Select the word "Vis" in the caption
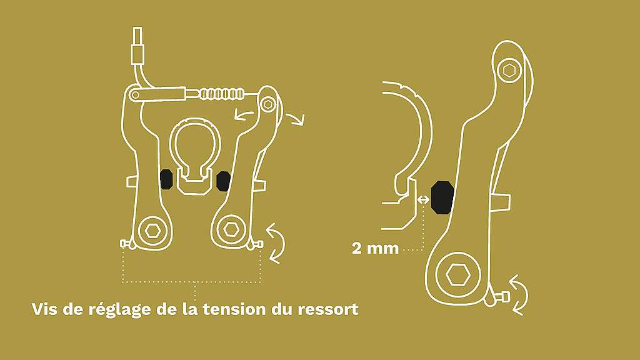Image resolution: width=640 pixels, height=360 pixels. tap(45, 309)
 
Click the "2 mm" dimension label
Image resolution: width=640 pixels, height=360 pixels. tap(375, 248)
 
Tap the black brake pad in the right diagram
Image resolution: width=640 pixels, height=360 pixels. tap(442, 197)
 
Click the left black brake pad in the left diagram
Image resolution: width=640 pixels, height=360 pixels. tap(166, 179)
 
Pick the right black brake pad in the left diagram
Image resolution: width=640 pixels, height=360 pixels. tap(223, 181)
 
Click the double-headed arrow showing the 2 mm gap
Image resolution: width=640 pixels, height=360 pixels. tap(424, 199)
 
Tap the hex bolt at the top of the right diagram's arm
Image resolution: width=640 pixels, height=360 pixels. tap(509, 71)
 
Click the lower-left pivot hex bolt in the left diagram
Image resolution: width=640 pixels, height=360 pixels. tap(152, 231)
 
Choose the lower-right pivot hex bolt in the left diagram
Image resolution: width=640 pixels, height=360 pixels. tap(231, 229)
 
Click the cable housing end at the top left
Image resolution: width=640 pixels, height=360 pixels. tap(137, 46)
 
